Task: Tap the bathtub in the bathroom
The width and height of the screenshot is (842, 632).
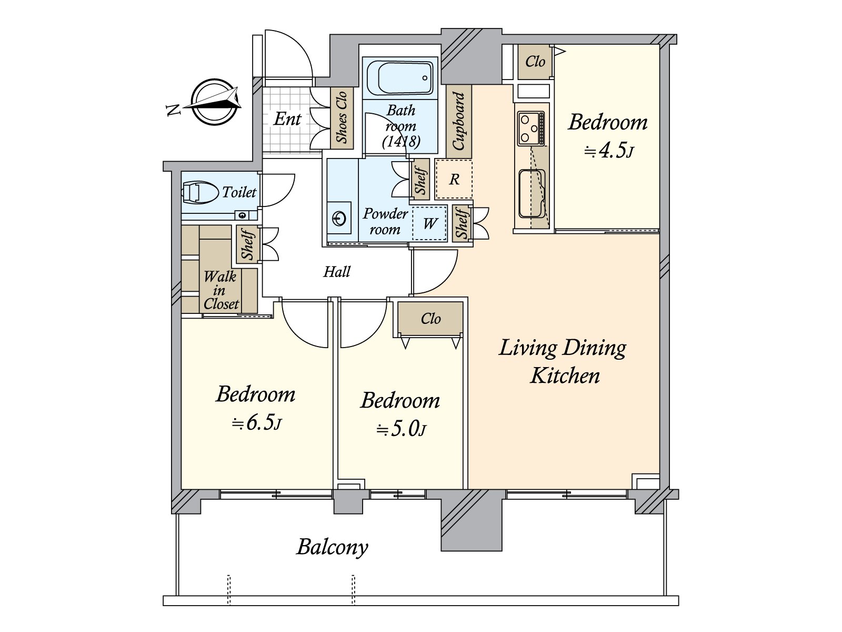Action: (400, 78)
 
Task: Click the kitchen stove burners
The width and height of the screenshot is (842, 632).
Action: (531, 128)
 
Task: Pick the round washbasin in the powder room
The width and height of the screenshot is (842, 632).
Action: (339, 219)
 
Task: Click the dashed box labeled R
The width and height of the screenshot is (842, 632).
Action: (454, 180)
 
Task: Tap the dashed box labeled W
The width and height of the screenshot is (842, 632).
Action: (429, 223)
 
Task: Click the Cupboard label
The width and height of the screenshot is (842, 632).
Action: (459, 121)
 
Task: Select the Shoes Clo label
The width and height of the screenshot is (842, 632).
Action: (342, 117)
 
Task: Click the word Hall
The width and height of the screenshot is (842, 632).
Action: (337, 272)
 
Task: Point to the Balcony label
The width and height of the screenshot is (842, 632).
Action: (332, 547)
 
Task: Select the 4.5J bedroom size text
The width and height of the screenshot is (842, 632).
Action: (608, 150)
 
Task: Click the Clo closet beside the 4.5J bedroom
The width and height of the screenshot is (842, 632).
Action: (535, 62)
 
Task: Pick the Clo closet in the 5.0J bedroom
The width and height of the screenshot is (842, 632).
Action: (430, 318)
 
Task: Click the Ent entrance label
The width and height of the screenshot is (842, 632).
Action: (287, 119)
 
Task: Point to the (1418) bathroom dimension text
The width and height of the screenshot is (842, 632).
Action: (401, 142)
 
